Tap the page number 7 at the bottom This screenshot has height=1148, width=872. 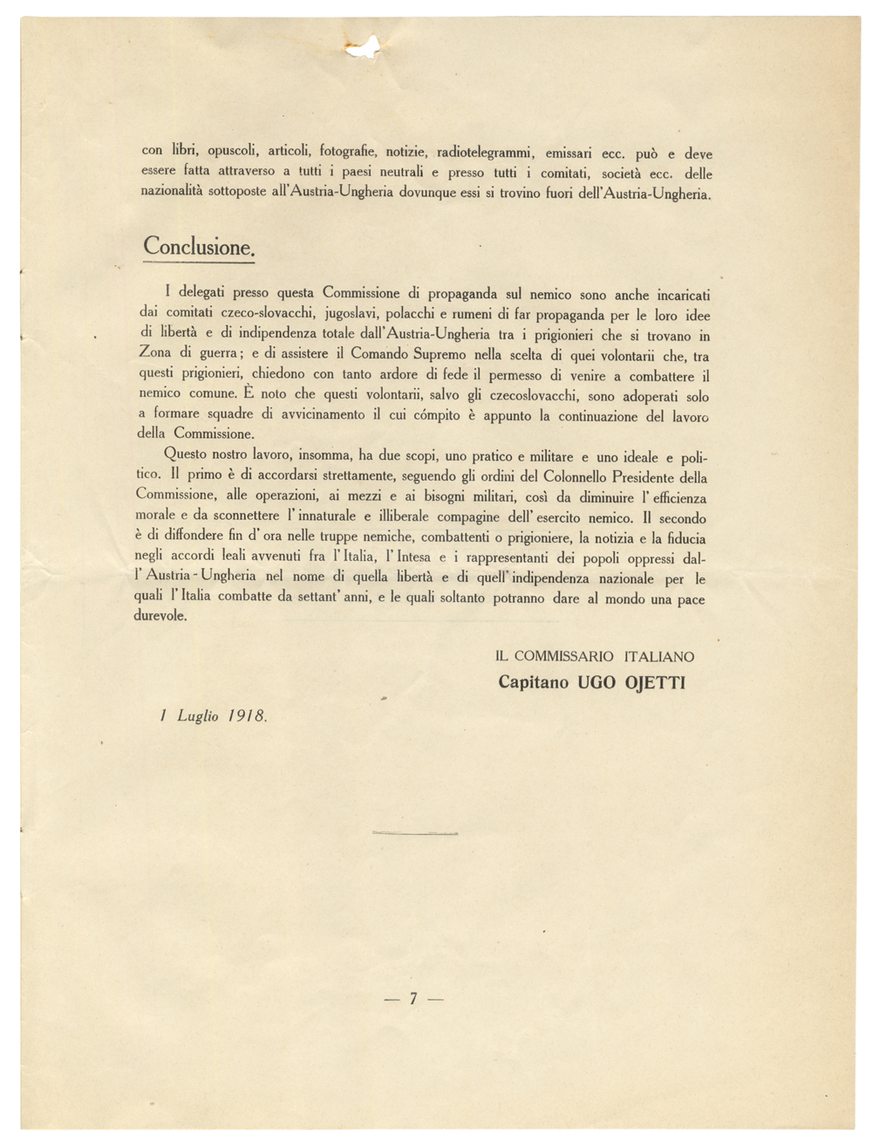point(414,999)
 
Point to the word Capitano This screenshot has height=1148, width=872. point(534,682)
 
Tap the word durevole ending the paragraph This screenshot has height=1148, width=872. point(162,616)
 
